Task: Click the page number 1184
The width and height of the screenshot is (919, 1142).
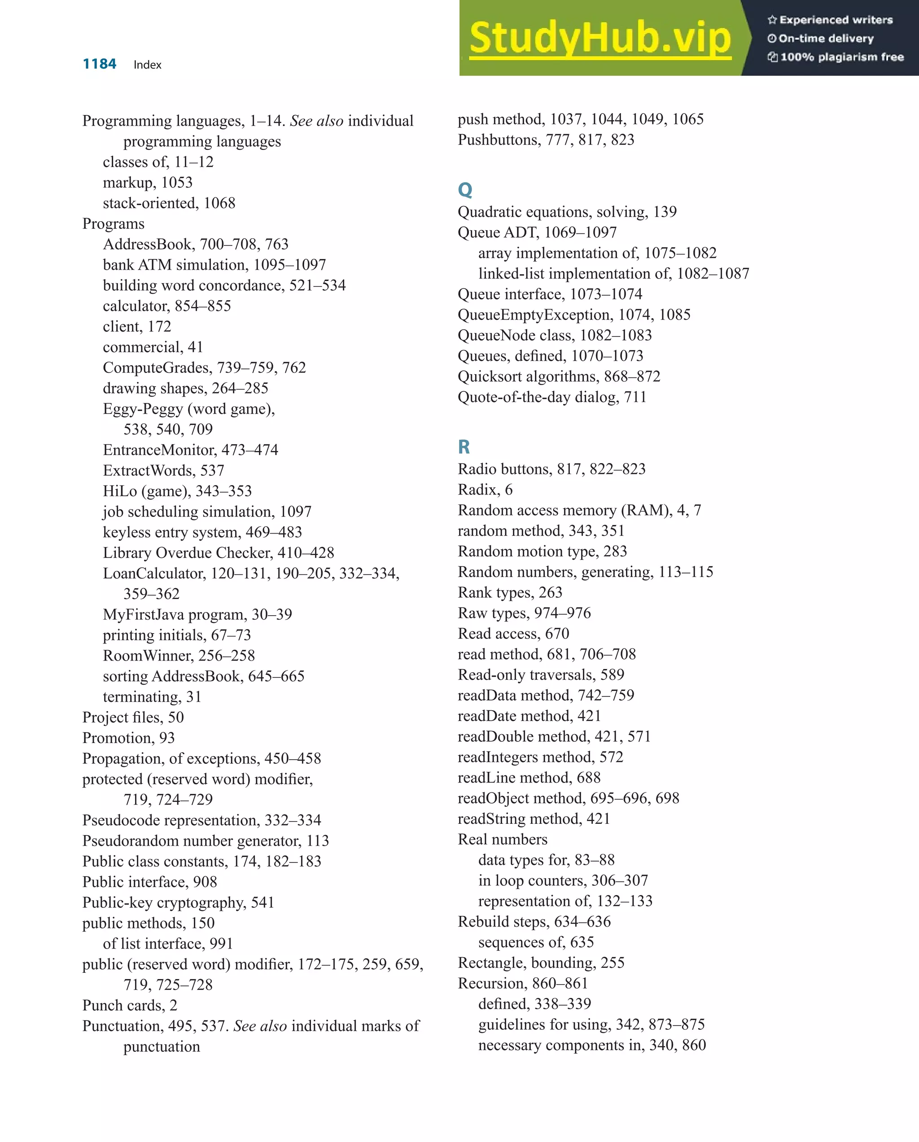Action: (99, 64)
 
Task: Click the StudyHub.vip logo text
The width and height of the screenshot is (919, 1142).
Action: (600, 38)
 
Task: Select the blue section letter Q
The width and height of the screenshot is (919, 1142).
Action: (464, 189)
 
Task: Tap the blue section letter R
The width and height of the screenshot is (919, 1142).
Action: (464, 446)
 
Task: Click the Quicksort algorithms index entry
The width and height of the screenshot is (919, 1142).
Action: (559, 376)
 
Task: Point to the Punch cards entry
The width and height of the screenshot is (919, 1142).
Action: (130, 1005)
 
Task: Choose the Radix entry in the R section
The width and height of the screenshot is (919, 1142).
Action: (485, 490)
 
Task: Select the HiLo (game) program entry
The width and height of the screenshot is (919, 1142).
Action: (177, 491)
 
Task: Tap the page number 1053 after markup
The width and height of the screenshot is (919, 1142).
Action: (177, 183)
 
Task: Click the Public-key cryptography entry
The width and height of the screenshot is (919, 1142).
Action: (178, 902)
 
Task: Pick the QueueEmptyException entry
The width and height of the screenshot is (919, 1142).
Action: (573, 315)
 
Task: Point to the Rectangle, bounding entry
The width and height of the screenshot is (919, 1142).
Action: (541, 963)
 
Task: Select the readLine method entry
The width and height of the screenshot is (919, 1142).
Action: (529, 778)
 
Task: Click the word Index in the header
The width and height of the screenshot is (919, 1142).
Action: (147, 65)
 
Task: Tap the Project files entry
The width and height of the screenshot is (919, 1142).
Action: (133, 717)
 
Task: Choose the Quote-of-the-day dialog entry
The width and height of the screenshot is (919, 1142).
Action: (552, 397)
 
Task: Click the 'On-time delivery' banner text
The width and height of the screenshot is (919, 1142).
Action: (826, 38)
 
